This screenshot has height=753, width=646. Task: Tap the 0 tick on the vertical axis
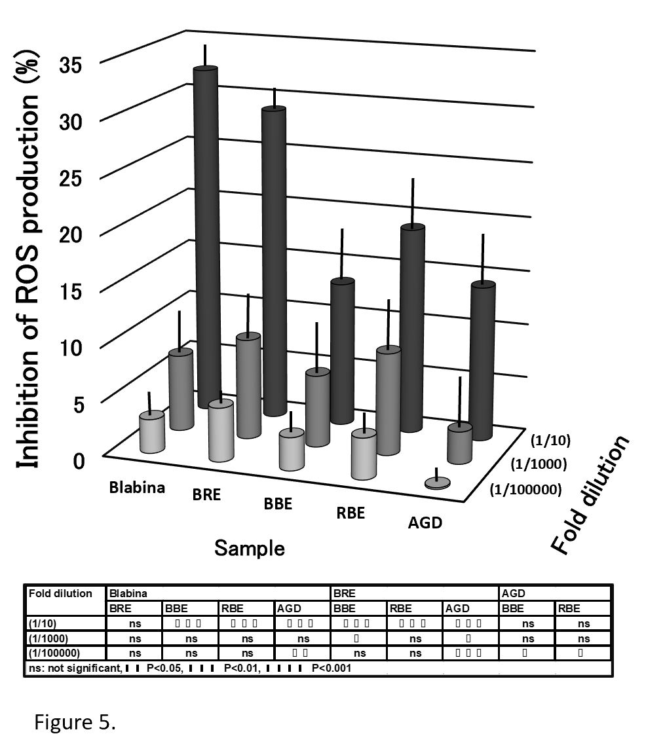tap(78, 461)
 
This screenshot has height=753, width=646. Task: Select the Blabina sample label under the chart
tap(137, 487)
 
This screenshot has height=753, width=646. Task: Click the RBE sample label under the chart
tap(350, 513)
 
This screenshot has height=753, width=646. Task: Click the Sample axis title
tap(250, 547)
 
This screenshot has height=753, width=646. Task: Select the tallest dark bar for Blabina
tap(206, 236)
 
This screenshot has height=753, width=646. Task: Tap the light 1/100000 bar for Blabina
tap(151, 432)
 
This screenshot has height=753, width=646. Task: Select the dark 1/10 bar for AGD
tap(482, 360)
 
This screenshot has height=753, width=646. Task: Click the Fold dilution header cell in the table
tap(61, 594)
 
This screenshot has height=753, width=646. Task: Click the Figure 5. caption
tap(75, 723)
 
